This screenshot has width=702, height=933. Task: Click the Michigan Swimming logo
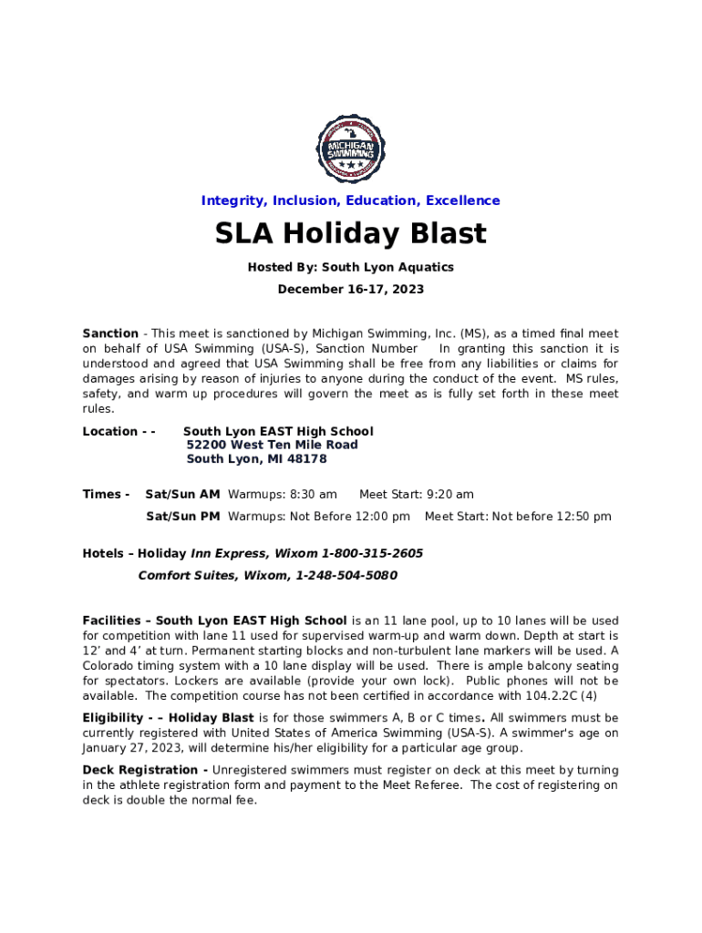point(350,149)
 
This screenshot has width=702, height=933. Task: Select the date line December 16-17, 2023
point(351,290)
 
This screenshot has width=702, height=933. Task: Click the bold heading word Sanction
point(110,333)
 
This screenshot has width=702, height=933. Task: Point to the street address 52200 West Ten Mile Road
point(272,445)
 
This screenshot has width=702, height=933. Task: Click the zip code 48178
point(307,459)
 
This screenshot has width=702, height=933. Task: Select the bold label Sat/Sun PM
point(182,517)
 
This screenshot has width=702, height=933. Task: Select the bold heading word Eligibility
point(113,718)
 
